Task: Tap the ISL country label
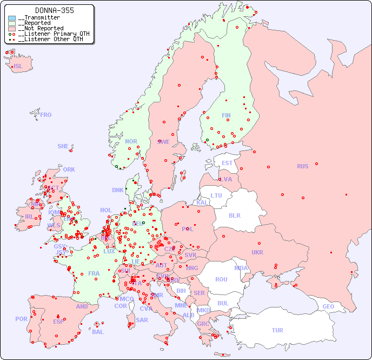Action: (18, 67)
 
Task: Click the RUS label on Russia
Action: (302, 166)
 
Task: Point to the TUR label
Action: (277, 330)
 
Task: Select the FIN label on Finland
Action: (226, 115)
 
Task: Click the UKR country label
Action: (257, 252)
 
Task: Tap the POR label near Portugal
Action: (21, 319)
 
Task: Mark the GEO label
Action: (328, 306)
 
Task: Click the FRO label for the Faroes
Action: (46, 115)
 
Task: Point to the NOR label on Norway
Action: (131, 141)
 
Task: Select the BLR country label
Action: (235, 215)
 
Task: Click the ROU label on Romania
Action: (221, 279)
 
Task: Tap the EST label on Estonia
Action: (227, 163)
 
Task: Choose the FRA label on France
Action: (94, 273)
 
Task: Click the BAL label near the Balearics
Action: (98, 332)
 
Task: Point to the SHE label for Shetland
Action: (63, 146)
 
